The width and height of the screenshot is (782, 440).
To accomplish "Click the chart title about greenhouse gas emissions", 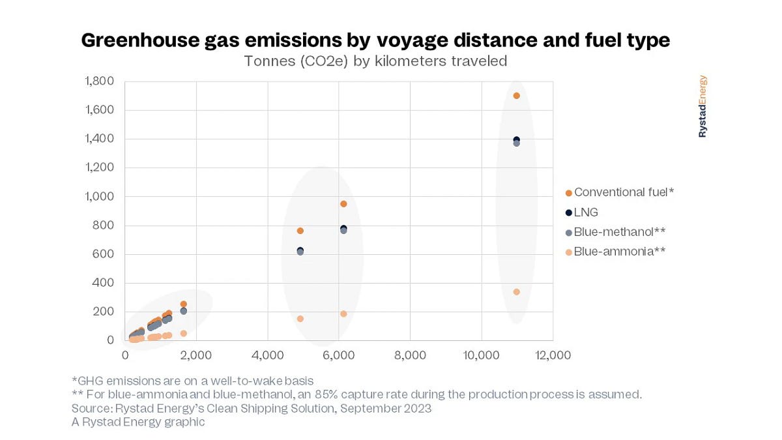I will [375, 40].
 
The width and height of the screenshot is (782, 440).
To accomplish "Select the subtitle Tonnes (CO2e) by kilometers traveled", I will [375, 61].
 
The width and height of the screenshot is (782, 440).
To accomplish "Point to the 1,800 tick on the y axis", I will [99, 81].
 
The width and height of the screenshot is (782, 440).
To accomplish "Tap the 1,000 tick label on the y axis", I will [99, 197].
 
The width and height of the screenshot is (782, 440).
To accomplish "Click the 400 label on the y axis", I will [104, 283].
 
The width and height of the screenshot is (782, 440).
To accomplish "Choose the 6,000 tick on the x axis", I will [339, 355].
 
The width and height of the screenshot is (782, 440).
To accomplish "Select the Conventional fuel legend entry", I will [619, 192].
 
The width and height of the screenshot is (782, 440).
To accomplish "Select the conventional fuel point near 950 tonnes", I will [343, 204].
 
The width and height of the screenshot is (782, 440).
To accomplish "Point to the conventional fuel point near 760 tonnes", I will [300, 231].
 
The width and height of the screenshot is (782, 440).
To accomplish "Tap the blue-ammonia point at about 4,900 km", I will [300, 319].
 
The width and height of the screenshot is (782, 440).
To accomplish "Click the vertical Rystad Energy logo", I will [702, 106].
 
